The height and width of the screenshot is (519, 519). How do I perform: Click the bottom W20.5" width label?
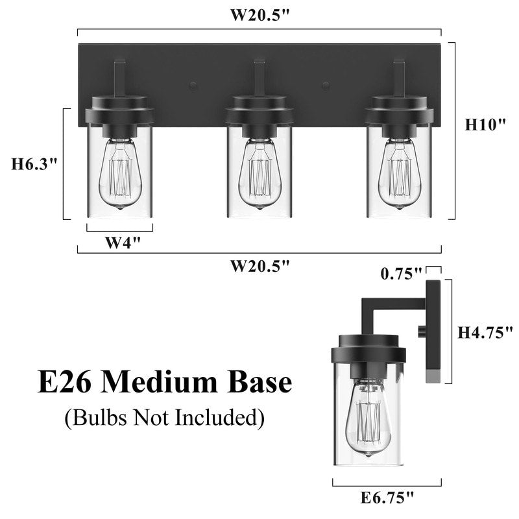pos(259,265)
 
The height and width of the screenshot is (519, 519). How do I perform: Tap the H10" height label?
pos(485,125)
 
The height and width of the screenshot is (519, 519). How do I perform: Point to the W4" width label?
pos(123,243)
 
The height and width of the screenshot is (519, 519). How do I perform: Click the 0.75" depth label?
pos(402,273)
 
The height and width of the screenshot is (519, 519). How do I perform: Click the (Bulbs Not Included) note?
pos(165,418)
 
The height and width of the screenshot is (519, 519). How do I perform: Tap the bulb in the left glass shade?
pos(120,174)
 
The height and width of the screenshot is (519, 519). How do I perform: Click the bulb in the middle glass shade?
pos(259,174)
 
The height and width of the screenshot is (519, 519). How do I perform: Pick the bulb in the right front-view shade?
pos(399,174)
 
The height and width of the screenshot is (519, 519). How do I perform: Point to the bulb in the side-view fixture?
pos(368,418)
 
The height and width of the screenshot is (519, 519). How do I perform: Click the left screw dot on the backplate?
pos(193,85)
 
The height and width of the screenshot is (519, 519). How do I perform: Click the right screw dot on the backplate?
pos(326,85)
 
